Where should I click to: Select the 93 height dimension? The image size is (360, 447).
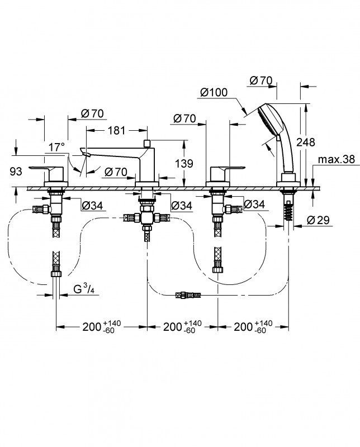pos(17,172)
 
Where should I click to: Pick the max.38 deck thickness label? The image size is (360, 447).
pos(337,160)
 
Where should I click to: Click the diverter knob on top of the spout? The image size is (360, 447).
pos(147,142)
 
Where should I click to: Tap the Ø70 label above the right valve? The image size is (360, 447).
pos(184,118)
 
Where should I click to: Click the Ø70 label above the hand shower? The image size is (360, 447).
pos(260,80)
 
